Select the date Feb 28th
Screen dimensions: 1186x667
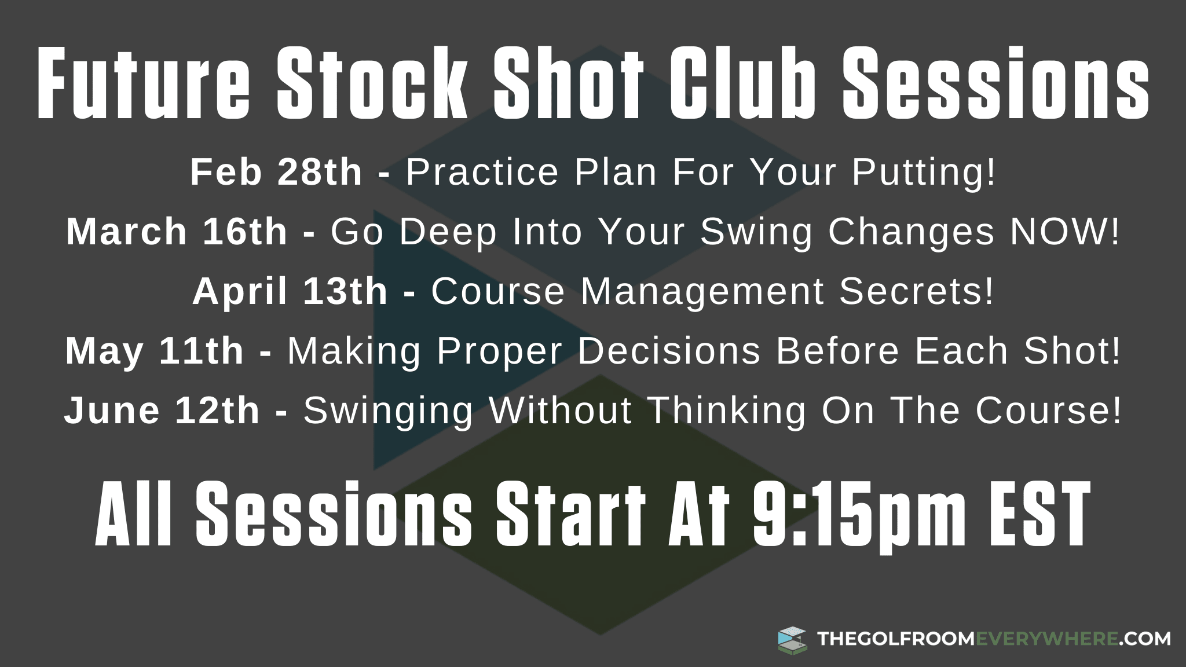(276, 172)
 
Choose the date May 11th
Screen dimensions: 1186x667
(155, 351)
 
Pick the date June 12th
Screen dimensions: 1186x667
(162, 411)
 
